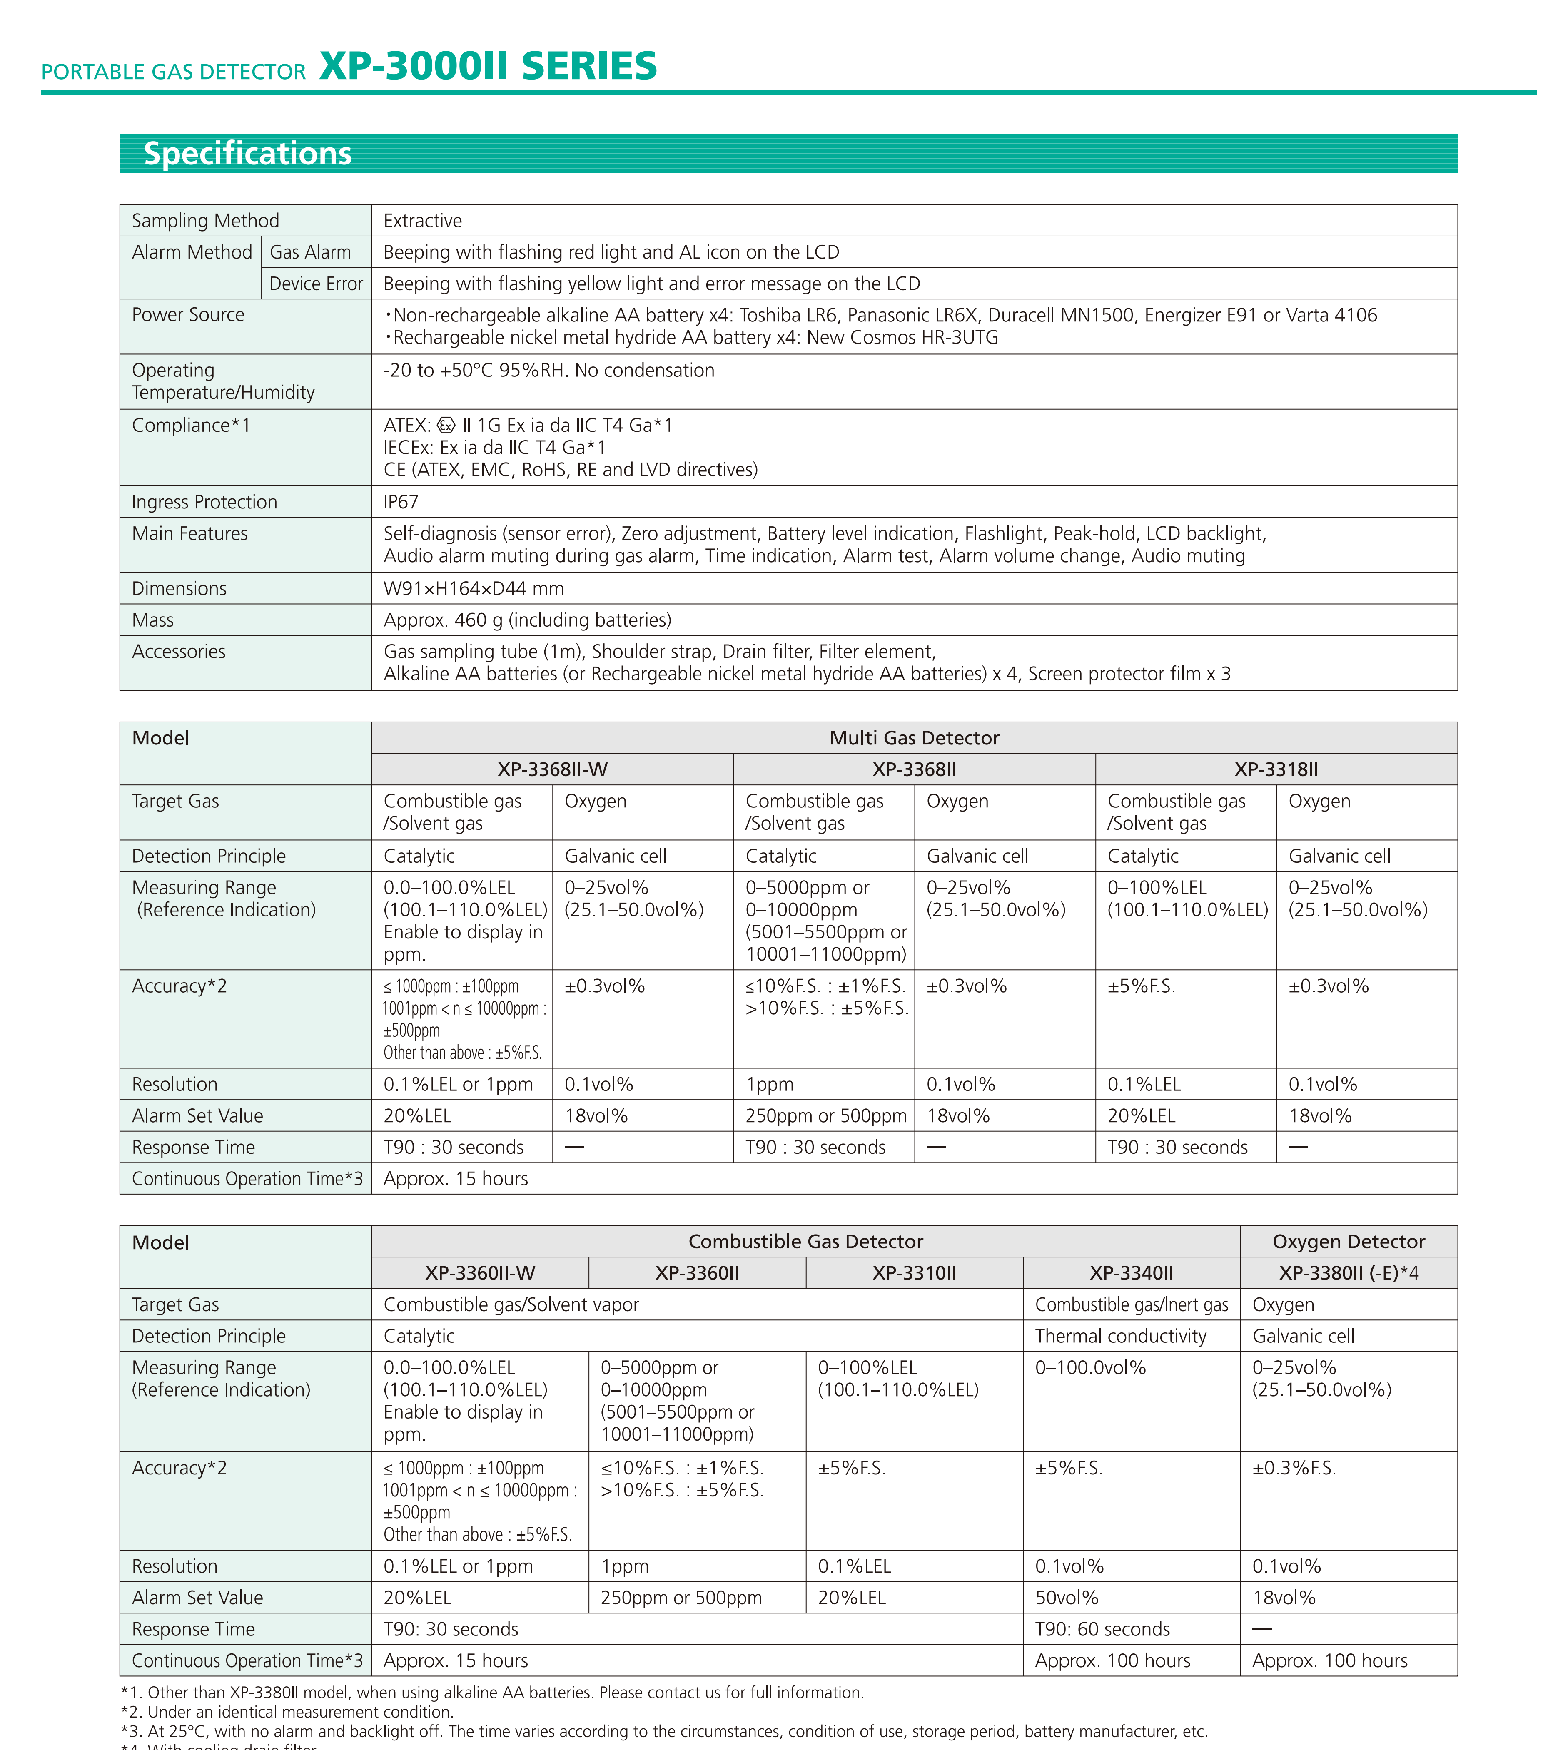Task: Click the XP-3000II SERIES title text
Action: coord(488,67)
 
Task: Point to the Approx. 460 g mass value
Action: coord(527,620)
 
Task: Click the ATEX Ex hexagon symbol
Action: coord(446,426)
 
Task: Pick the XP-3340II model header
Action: coord(1131,1273)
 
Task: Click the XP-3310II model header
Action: coord(914,1273)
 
